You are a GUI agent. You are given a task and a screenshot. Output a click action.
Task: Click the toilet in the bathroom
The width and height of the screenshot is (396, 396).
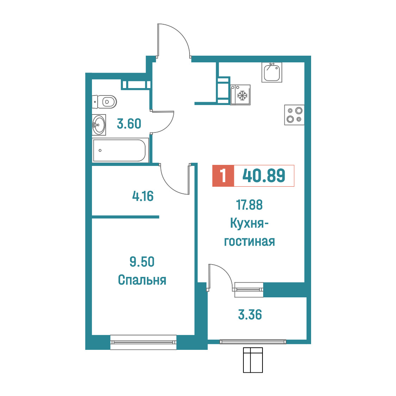104,102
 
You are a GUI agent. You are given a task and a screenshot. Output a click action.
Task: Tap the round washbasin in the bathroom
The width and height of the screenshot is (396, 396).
99,125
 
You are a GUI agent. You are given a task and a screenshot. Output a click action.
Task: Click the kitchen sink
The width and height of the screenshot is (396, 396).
272,73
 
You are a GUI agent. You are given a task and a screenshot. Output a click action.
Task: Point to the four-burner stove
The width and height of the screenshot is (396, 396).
294,115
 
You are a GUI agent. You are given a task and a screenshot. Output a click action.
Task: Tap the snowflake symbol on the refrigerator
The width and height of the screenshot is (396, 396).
242,95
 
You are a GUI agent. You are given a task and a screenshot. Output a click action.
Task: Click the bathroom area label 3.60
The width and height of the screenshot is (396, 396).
129,124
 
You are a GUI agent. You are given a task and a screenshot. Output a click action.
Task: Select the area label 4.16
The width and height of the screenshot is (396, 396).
143,196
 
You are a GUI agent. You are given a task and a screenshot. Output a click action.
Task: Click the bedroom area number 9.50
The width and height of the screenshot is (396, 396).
142,262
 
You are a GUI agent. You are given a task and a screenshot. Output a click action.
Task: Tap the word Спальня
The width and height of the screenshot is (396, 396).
142,280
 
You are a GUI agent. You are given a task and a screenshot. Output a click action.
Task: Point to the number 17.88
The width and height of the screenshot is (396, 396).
249,205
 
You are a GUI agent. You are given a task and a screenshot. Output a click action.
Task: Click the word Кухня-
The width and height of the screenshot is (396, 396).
249,223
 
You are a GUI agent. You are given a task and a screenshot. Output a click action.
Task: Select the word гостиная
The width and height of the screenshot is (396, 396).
249,241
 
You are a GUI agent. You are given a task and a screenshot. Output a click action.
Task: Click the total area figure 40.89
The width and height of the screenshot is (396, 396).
264,176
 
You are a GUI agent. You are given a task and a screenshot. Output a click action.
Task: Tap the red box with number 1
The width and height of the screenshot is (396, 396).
223,176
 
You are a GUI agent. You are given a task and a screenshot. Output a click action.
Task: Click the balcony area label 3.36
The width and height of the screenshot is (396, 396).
250,315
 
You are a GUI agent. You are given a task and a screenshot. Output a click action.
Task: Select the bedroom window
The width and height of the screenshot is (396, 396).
143,342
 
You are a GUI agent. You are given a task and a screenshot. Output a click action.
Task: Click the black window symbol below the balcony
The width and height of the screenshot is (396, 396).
253,360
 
